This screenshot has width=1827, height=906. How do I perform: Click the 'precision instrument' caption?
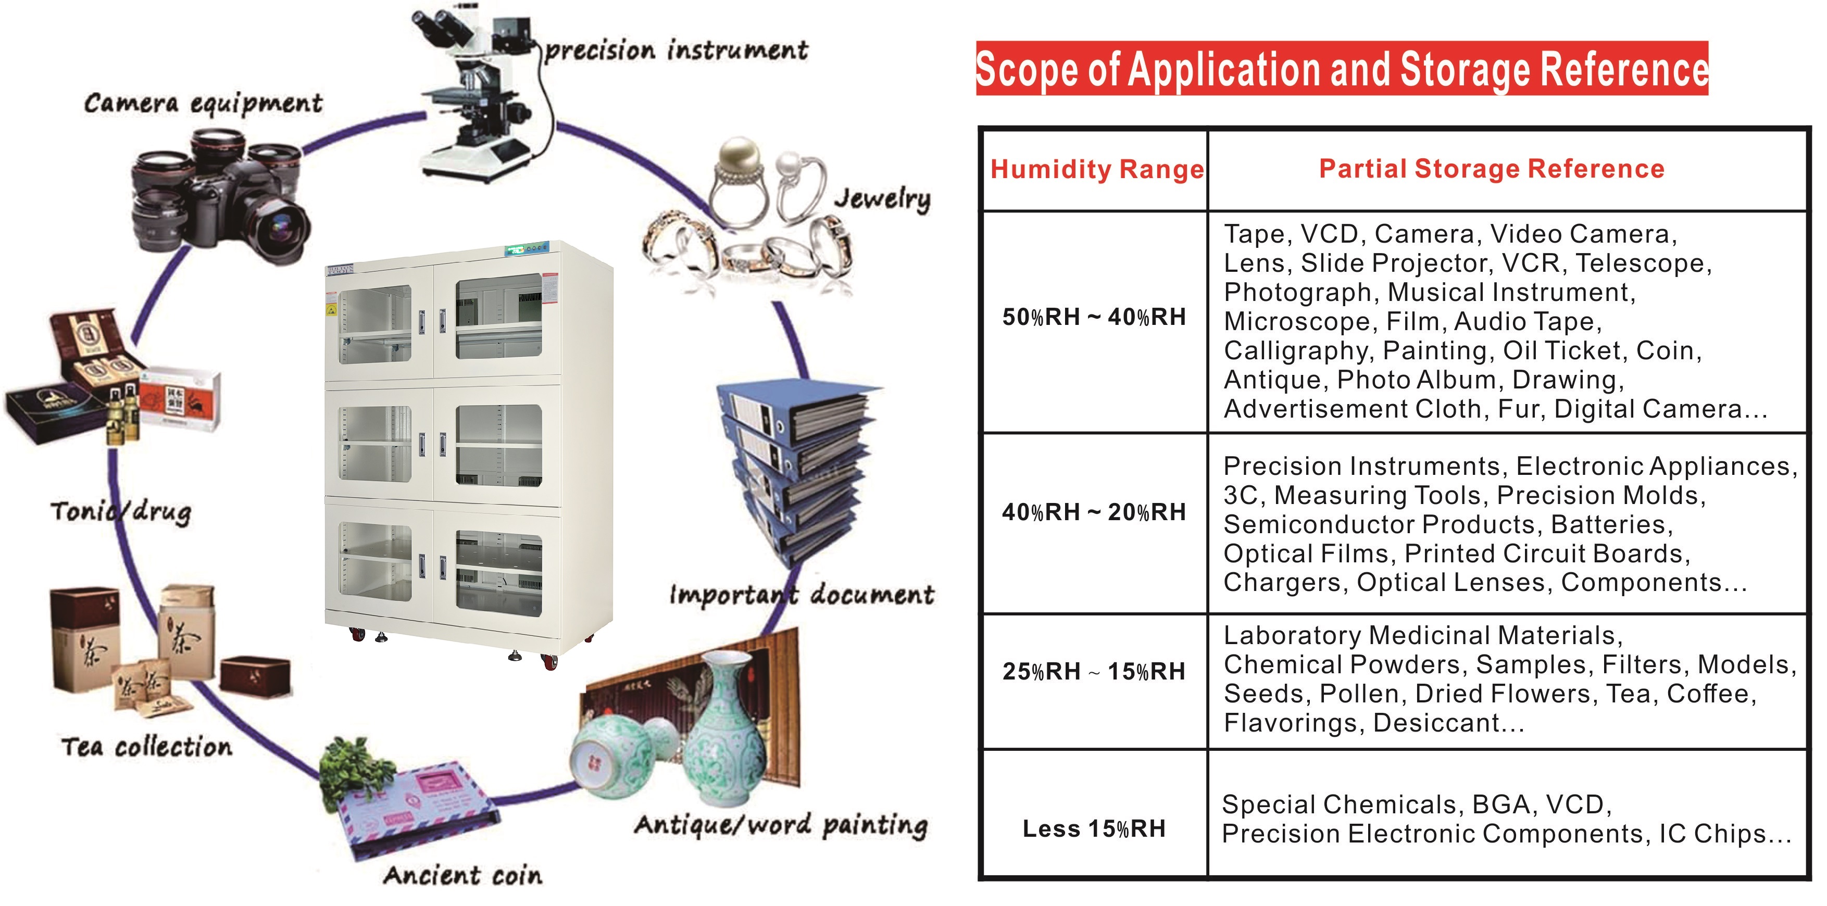(x=676, y=51)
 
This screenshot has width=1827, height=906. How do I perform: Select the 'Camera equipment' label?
(x=203, y=104)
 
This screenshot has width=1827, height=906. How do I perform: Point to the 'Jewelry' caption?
(x=882, y=198)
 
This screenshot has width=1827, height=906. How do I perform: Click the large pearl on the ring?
(x=739, y=157)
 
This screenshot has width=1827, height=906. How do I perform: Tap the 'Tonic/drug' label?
(x=121, y=512)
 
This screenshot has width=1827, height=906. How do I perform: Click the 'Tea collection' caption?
(x=147, y=747)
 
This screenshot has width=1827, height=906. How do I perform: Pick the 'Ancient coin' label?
(x=463, y=875)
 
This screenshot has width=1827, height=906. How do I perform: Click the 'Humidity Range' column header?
(x=1096, y=169)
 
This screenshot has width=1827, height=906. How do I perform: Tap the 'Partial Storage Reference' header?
(x=1492, y=169)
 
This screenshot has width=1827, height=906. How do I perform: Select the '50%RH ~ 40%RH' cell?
(x=1094, y=317)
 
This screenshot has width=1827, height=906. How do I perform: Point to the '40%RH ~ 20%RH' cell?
(x=1094, y=512)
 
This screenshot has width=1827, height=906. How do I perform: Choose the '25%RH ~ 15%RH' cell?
(x=1094, y=671)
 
